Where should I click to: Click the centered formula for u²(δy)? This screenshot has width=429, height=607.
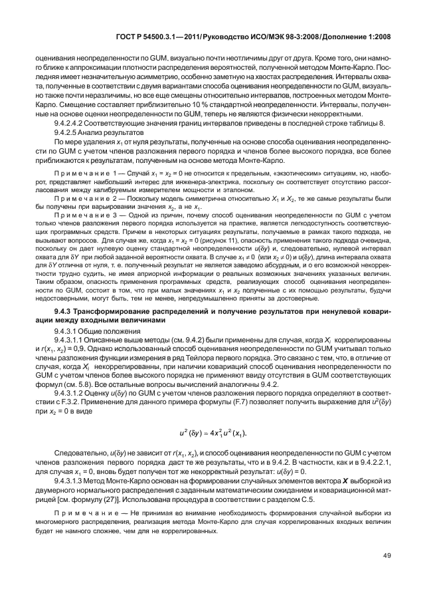point(215,433)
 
